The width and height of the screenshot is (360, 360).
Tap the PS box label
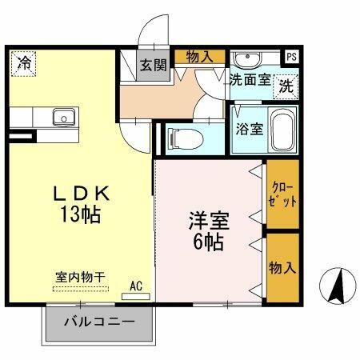pyautogui.click(x=291, y=57)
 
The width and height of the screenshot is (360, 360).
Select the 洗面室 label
pyautogui.click(x=249, y=80)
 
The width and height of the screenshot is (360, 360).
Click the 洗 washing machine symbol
pyautogui.click(x=285, y=86)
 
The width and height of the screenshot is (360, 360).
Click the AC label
pyautogui.click(x=136, y=285)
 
